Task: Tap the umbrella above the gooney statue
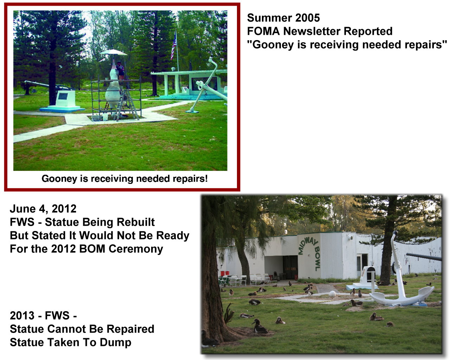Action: [113, 52]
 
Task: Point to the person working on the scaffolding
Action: [120, 70]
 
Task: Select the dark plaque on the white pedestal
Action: [63, 96]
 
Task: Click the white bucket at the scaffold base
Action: [105, 117]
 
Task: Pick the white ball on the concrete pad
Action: [332, 294]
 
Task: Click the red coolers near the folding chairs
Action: [225, 273]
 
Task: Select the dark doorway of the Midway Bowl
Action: [290, 267]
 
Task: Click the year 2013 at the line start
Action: [22, 316]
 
